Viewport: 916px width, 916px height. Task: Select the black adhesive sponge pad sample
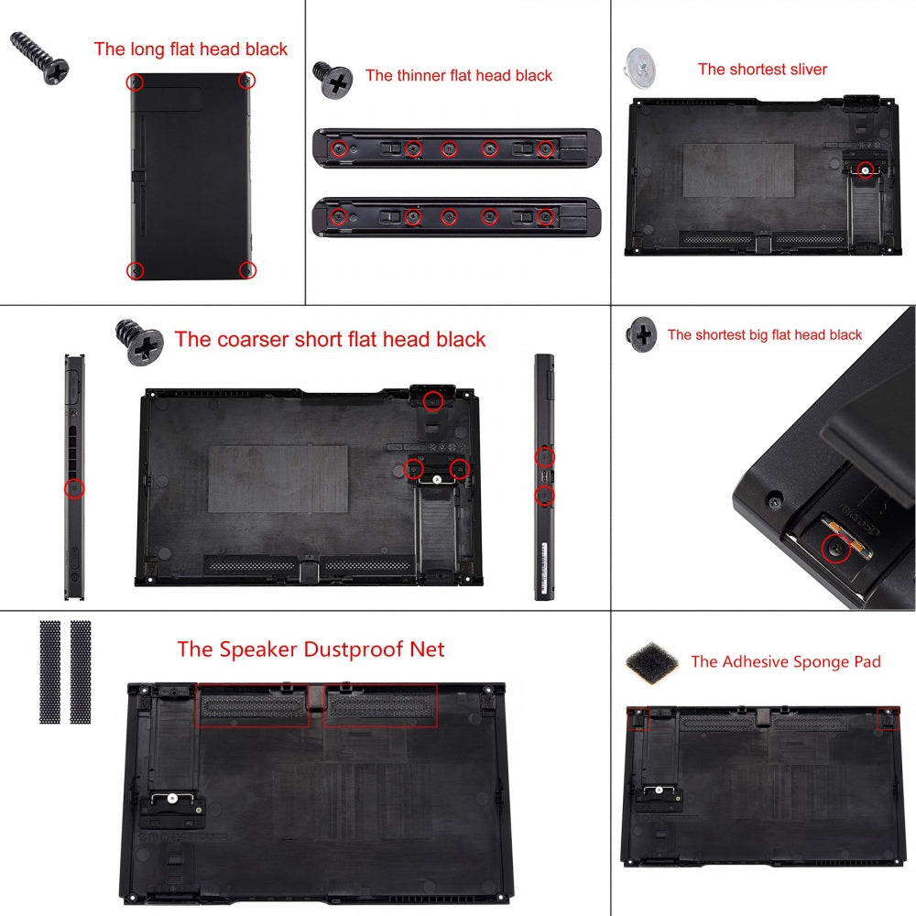(649, 660)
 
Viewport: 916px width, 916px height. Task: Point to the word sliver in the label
(806, 70)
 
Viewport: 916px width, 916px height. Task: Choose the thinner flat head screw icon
(333, 80)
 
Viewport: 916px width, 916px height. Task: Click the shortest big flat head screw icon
(641, 334)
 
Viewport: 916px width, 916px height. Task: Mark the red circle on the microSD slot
(834, 549)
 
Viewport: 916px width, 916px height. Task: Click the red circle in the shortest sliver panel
(864, 169)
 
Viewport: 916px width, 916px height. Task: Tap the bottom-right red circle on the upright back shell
(245, 269)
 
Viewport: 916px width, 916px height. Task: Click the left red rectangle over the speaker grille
(253, 705)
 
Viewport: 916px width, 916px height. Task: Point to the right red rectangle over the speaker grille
(380, 705)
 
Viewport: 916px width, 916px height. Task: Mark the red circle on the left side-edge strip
(75, 489)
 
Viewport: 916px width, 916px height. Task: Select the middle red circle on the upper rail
(450, 148)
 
